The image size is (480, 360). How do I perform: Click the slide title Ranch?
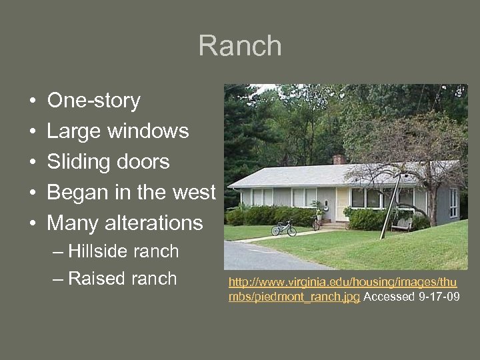240,47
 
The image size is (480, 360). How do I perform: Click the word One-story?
93,101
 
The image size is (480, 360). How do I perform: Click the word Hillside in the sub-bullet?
96,251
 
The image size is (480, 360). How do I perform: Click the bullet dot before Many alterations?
33,223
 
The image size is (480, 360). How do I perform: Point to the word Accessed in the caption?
389,297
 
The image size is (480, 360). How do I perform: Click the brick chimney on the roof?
339,159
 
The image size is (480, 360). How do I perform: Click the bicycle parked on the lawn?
283,229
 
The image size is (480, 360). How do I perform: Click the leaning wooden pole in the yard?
391,204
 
